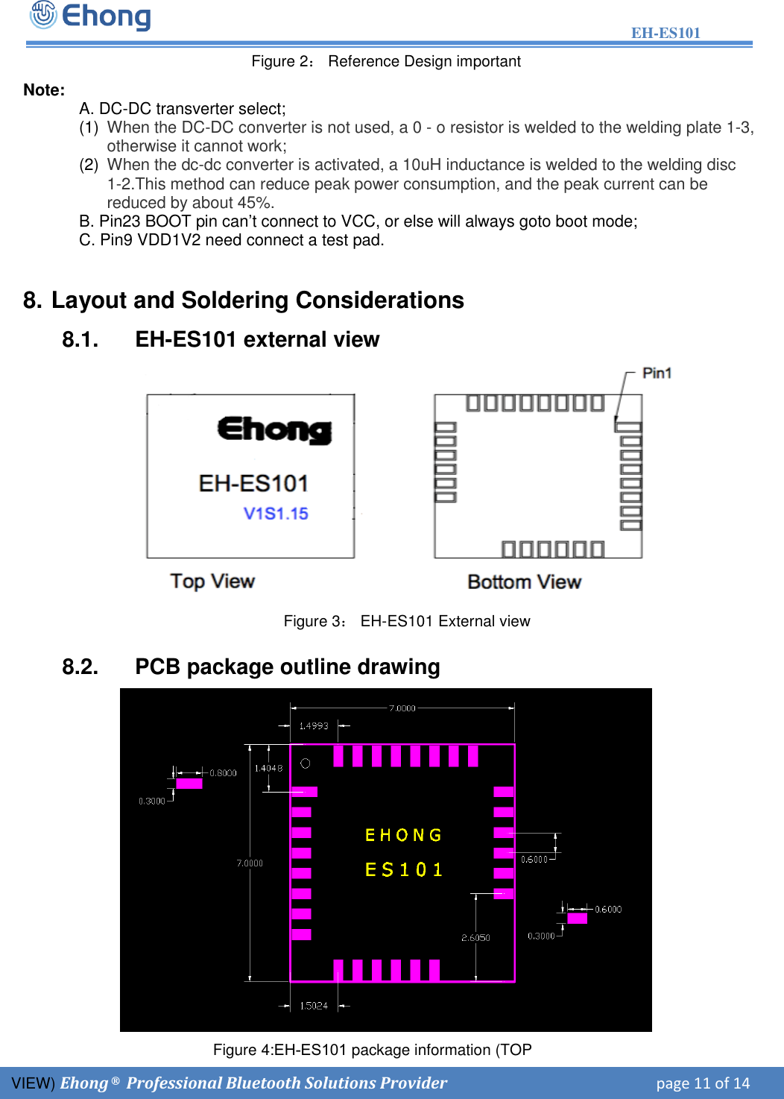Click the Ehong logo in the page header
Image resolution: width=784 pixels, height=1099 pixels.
coord(90,16)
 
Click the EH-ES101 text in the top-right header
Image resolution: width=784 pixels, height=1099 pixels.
coord(666,33)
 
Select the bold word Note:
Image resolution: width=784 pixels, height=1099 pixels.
coord(44,90)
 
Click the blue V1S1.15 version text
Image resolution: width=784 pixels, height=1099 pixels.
coord(276,514)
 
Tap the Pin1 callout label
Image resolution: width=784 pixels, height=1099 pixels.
coord(657,373)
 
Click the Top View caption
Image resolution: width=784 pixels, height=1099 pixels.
coord(212,581)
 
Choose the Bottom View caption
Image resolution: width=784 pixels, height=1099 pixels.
coord(524,582)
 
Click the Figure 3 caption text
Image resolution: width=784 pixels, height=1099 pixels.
coord(407,621)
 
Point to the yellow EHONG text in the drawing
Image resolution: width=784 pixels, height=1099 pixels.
coord(403,835)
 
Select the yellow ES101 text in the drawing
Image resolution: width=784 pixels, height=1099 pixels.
coord(403,870)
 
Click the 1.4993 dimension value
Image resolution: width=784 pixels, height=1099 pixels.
coord(314,725)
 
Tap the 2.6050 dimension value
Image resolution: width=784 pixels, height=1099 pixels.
coord(475,938)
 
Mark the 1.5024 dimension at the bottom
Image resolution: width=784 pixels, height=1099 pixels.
coord(314,1006)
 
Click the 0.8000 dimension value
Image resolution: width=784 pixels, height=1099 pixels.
coord(223,773)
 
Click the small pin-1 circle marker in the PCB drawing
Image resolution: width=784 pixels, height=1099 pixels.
coord(305,763)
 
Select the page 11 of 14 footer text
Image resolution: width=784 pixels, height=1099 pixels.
coord(703,1083)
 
